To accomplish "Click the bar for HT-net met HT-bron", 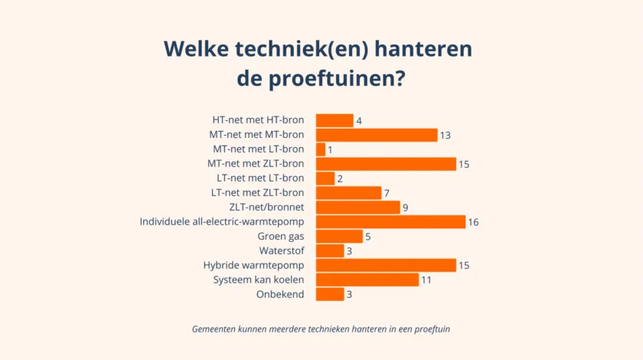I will point(335,120).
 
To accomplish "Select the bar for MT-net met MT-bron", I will point(377,135).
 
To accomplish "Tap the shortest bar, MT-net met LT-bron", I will point(321,149).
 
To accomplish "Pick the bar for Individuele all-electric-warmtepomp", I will point(390,222).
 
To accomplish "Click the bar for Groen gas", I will point(339,237).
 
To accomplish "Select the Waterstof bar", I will point(330,251).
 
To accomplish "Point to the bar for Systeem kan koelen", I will point(367,280).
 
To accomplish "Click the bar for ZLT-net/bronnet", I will point(357,208).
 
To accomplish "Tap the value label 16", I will point(473,222).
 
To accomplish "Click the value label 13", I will point(445,135).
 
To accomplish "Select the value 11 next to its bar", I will point(426,280).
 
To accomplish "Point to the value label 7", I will point(387,193).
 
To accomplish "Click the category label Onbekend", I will point(281,295).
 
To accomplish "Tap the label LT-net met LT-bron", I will point(260,178).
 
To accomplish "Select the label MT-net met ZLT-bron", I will point(256,164).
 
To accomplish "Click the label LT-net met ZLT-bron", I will point(257,193).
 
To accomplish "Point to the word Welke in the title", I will point(194,50).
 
